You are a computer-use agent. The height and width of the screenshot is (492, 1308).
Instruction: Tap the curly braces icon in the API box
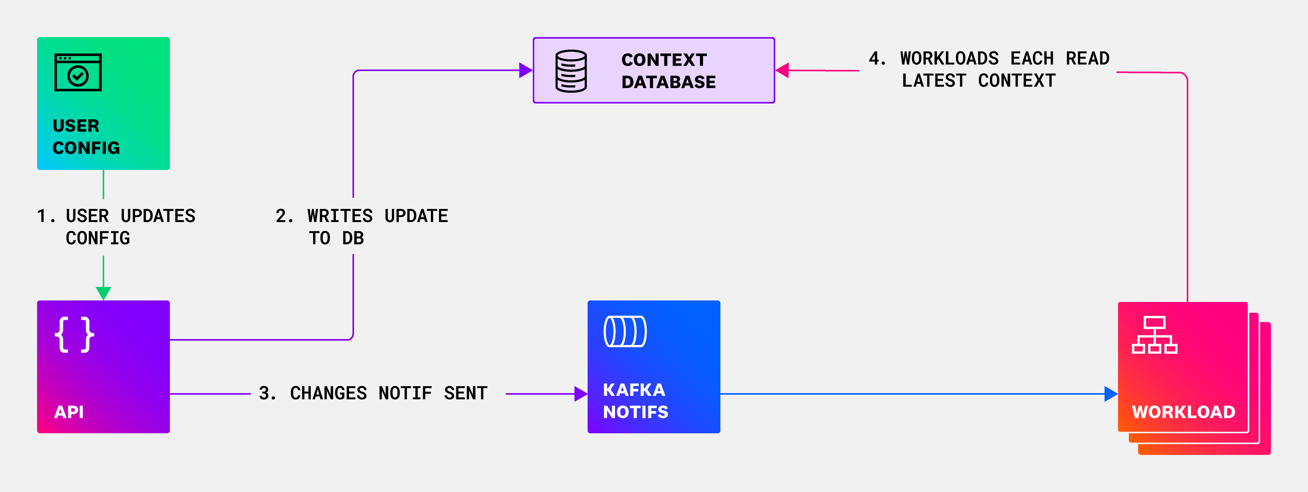(74, 334)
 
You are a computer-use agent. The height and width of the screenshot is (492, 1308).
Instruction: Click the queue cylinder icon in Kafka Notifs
(625, 332)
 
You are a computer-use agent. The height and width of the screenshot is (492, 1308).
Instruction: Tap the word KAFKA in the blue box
(634, 390)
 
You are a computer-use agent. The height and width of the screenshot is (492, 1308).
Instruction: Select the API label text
(69, 412)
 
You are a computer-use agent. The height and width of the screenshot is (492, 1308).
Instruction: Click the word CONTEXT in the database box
(664, 60)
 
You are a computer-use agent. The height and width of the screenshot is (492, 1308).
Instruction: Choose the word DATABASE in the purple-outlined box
(668, 82)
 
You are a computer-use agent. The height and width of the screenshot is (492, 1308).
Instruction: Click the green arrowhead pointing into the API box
(103, 293)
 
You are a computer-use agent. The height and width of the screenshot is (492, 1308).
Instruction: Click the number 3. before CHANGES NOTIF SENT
(267, 394)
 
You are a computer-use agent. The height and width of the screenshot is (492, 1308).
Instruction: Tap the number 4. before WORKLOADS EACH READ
(877, 58)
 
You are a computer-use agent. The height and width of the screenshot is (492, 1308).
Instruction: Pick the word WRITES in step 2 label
(340, 216)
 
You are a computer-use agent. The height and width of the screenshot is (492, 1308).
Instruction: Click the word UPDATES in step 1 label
(158, 216)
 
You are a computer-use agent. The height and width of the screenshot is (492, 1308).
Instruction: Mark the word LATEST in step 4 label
(933, 81)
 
